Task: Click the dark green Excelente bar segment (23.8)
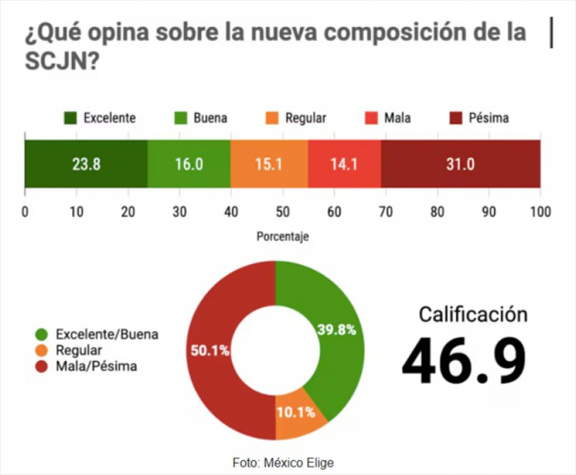(86, 164)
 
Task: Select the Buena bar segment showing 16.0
(189, 164)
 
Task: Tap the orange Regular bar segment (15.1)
(269, 164)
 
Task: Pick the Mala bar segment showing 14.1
(344, 164)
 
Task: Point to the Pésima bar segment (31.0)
(460, 164)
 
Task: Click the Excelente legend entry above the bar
(100, 119)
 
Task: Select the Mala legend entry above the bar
(388, 119)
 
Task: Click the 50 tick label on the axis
(283, 211)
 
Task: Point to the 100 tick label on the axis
(540, 211)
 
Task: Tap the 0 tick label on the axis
(25, 211)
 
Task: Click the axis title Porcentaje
(283, 237)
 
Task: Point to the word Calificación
(473, 314)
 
